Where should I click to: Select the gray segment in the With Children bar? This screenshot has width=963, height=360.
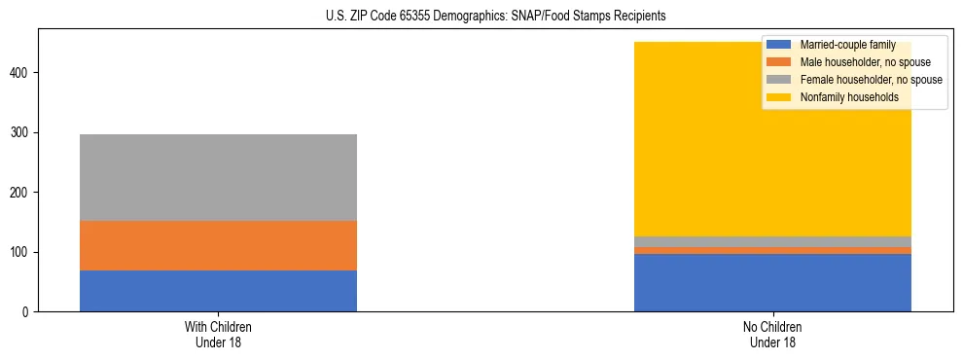(218, 177)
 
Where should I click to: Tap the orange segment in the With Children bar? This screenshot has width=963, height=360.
(218, 245)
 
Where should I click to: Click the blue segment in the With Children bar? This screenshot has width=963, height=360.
(218, 291)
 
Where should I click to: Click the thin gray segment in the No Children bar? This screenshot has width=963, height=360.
(772, 242)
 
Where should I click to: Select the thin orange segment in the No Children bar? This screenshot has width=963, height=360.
(772, 251)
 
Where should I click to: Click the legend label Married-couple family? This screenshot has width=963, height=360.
(847, 45)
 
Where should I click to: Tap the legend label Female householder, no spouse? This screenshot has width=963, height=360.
(871, 80)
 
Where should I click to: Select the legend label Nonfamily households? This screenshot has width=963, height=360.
(848, 97)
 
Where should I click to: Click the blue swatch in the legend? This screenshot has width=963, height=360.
(779, 45)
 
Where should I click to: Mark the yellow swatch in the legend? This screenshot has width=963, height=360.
(779, 97)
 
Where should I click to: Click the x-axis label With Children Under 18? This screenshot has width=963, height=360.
(218, 335)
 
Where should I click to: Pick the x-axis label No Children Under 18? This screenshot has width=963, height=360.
(772, 335)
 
